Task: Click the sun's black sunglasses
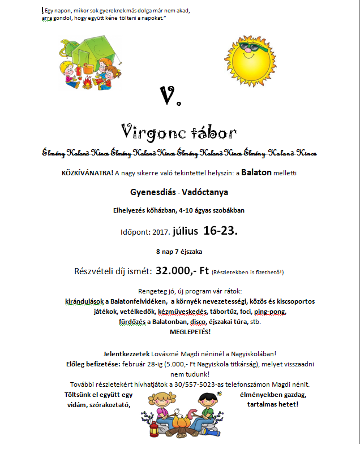pyautogui.click(x=254, y=47)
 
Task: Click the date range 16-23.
pyautogui.click(x=218, y=231)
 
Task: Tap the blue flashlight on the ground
pyautogui.click(x=211, y=433)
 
